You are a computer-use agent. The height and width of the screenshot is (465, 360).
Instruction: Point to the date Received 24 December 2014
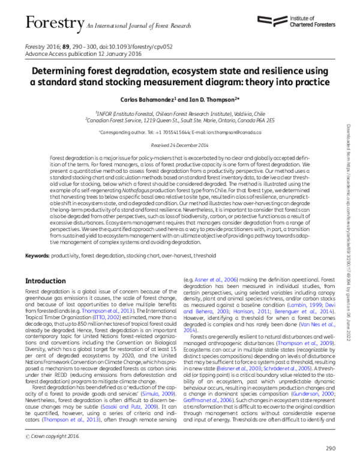point(179,145)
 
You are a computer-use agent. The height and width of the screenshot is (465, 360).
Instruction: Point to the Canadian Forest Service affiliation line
point(179,119)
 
